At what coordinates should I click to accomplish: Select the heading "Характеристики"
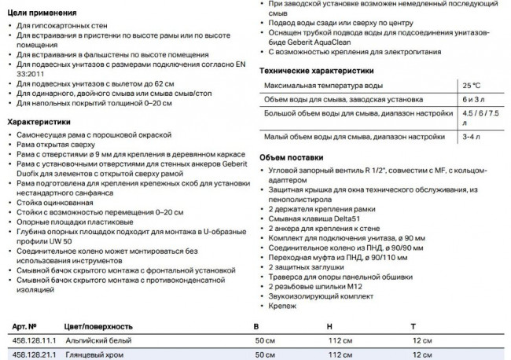point(39,122)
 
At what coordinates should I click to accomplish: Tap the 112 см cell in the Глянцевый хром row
point(337,354)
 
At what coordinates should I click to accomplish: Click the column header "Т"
point(412,325)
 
